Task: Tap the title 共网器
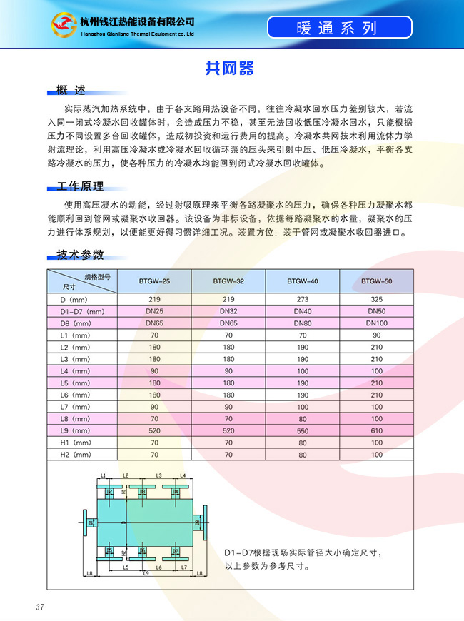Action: point(230,69)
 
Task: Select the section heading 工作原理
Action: point(80,186)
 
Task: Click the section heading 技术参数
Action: point(80,255)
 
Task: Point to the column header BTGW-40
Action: point(303,281)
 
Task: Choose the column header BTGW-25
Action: point(154,281)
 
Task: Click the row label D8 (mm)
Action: point(75,323)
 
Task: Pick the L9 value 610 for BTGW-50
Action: point(376,430)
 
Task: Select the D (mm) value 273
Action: point(303,299)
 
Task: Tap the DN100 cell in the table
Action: point(376,323)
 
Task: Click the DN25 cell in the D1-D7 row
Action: point(154,311)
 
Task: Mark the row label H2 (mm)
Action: point(75,454)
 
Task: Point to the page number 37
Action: point(40,607)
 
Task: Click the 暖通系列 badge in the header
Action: point(340,28)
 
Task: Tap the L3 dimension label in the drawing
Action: point(159,475)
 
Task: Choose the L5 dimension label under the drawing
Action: point(125,567)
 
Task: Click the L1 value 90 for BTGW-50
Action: point(376,335)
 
